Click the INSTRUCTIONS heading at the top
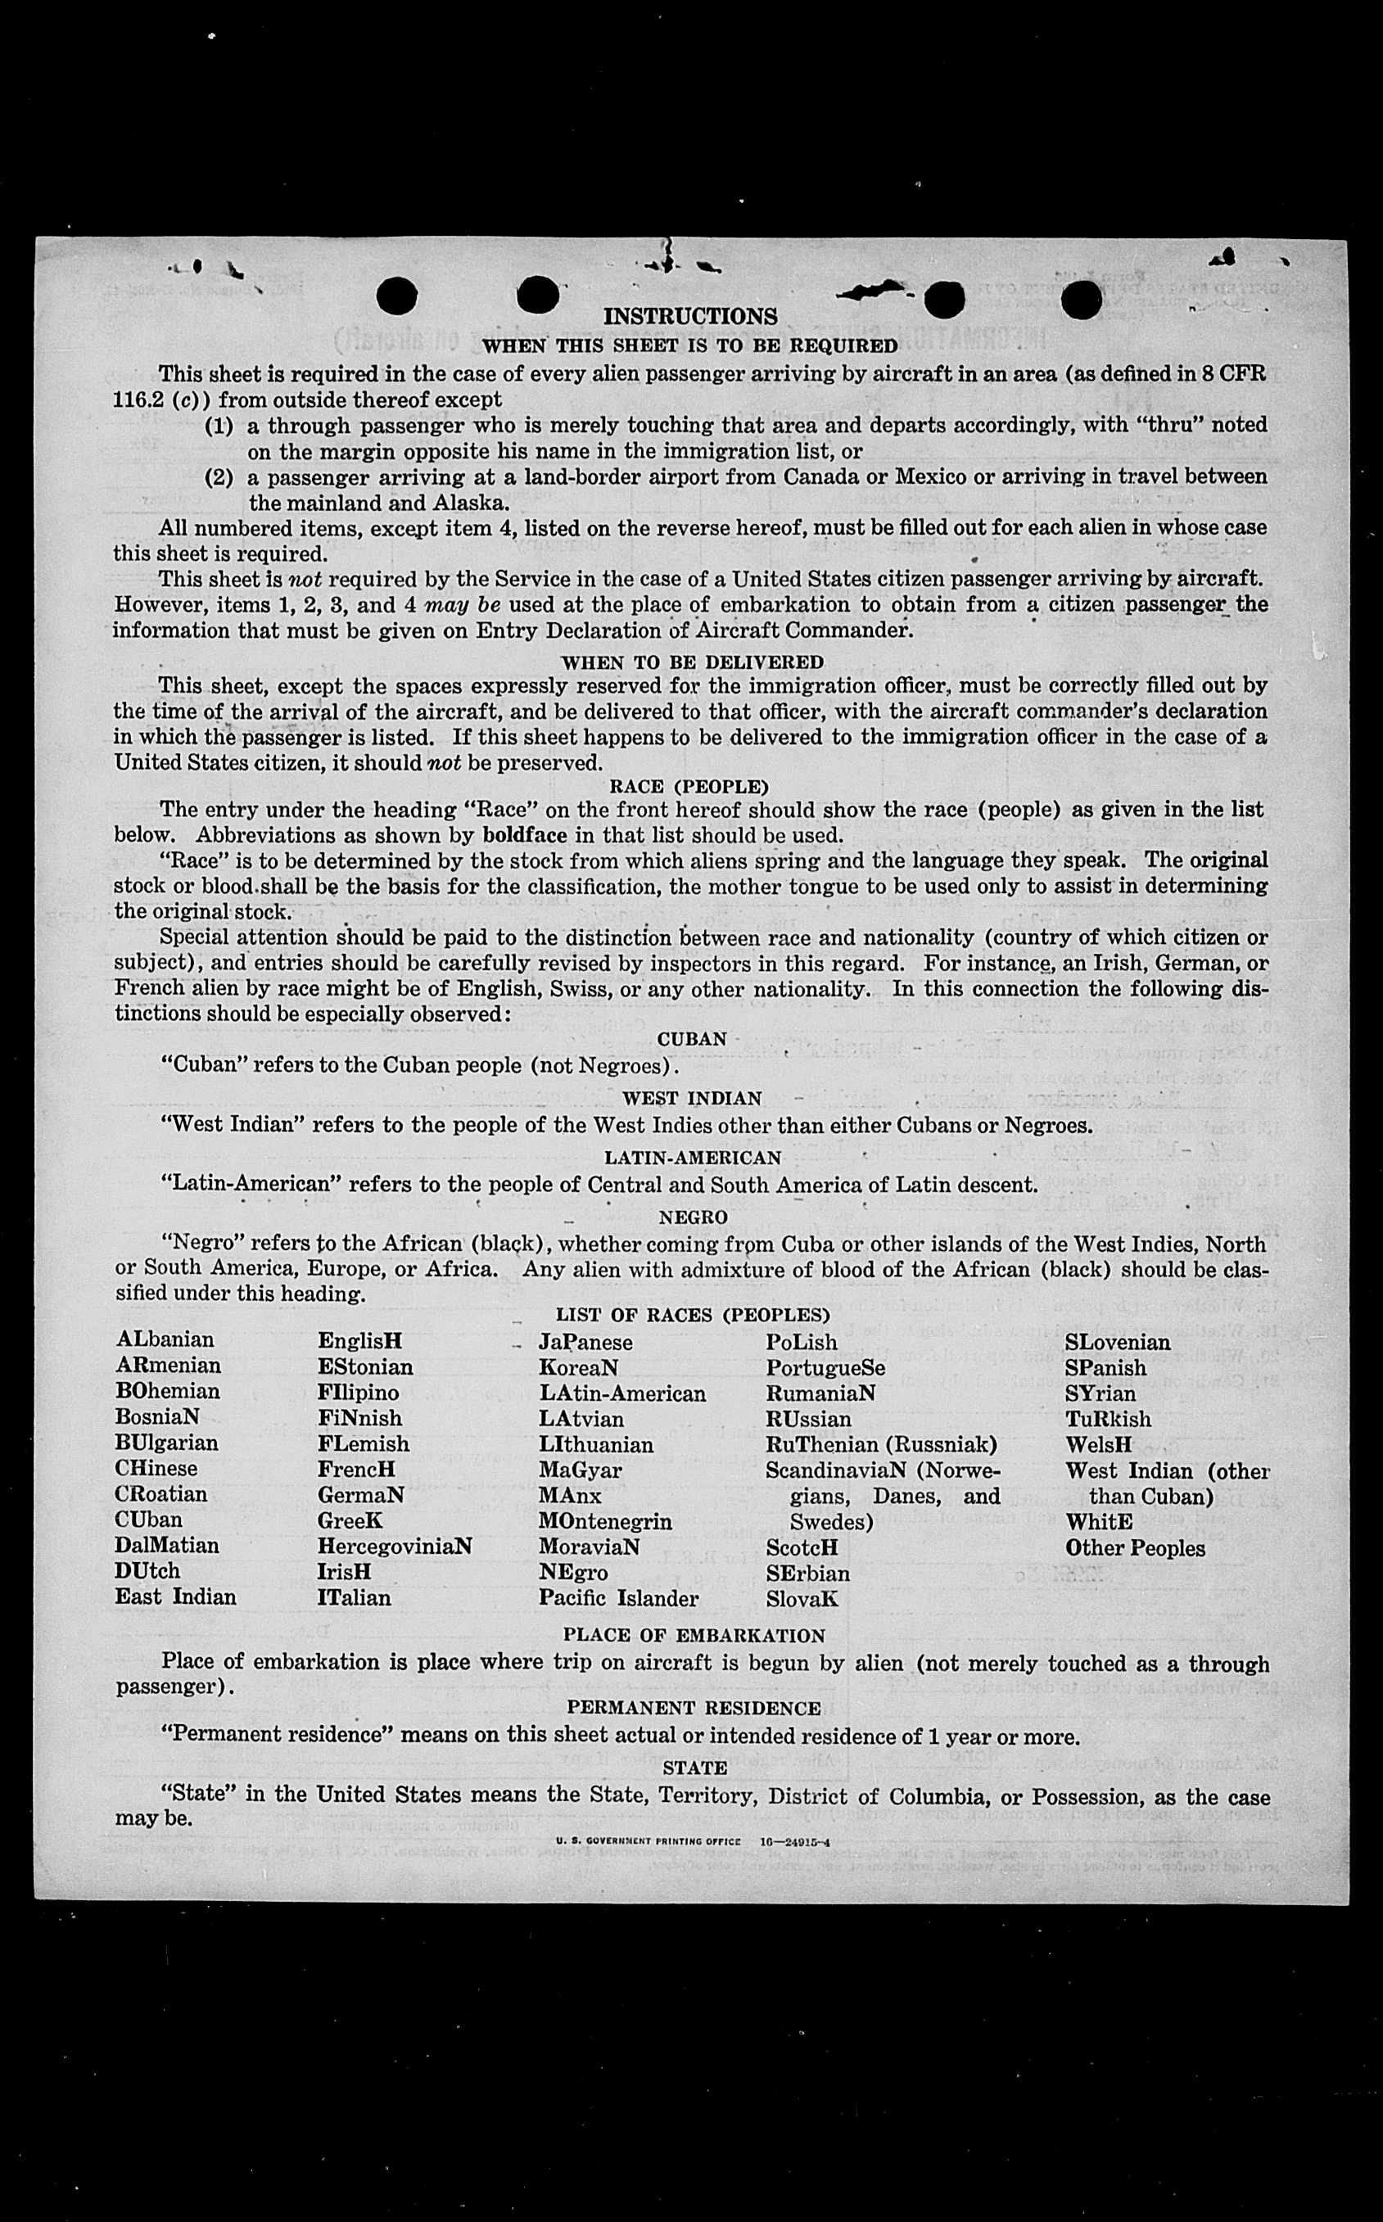(x=690, y=316)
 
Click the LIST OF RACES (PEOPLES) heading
(x=693, y=1315)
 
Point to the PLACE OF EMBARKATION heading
(x=694, y=1635)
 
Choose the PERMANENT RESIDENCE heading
(x=694, y=1708)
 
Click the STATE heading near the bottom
(x=695, y=1768)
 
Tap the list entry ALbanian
(x=165, y=1339)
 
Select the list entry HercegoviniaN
(x=394, y=1547)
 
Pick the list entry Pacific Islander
(x=618, y=1598)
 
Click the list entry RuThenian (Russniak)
(x=881, y=1444)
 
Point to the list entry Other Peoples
(x=1134, y=1548)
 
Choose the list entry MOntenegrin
(x=604, y=1521)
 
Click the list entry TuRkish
(x=1108, y=1419)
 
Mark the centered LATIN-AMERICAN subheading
(x=693, y=1158)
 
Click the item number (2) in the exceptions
(x=219, y=477)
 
